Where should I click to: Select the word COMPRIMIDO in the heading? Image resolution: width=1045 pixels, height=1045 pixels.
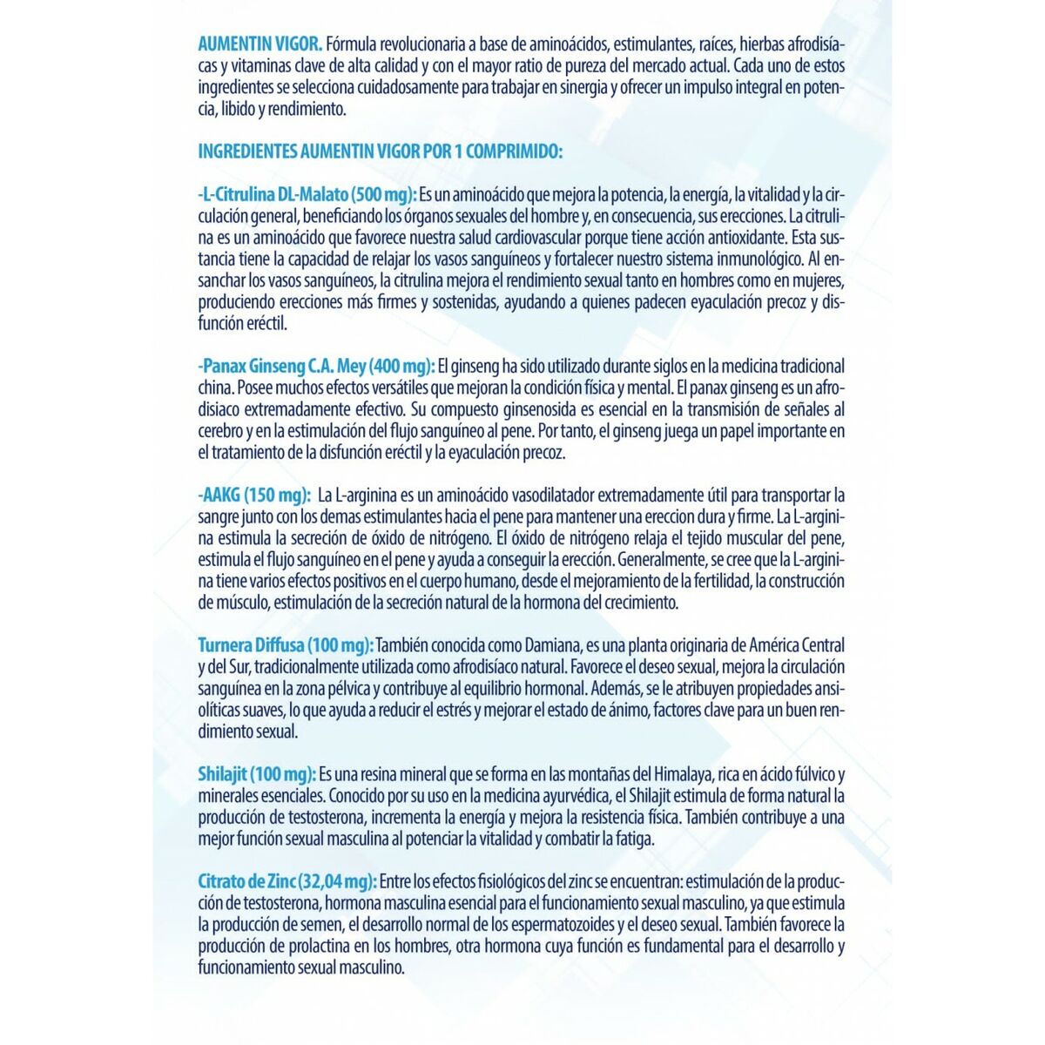(514, 151)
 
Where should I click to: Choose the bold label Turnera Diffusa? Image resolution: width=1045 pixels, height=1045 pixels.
(251, 645)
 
